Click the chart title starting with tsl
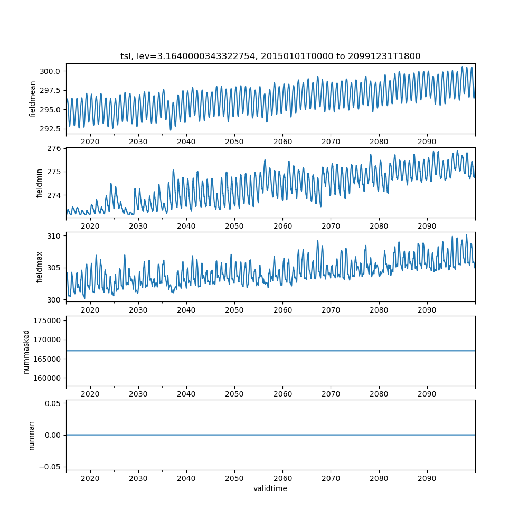(270, 56)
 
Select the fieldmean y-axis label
(33, 99)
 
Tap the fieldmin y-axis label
(39, 183)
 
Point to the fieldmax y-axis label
(39, 267)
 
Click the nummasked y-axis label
(26, 352)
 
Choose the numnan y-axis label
(32, 435)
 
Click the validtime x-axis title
(270, 488)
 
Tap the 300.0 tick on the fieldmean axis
(52, 71)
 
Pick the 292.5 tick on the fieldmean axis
(52, 129)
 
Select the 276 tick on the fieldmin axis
(56, 148)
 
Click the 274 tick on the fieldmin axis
(56, 195)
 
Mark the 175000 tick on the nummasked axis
(48, 320)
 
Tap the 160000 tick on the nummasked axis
(48, 378)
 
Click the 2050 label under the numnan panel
(234, 478)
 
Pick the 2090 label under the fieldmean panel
(427, 142)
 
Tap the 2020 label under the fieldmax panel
(90, 310)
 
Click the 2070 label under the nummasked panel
(331, 394)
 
